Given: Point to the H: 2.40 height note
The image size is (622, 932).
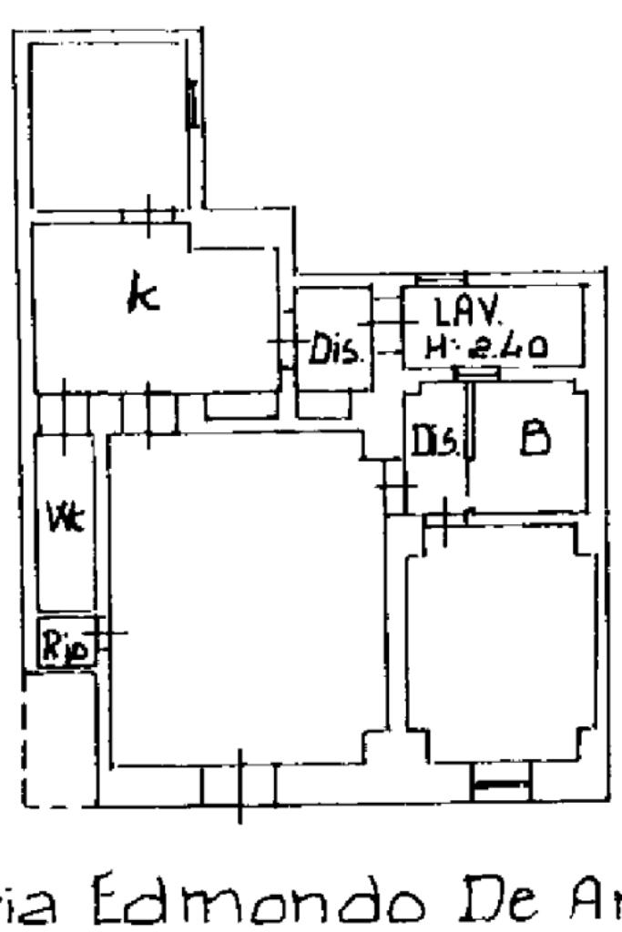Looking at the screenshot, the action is [485, 347].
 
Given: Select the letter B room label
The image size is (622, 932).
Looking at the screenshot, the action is [534, 439].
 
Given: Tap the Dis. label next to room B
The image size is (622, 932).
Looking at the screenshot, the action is [435, 442].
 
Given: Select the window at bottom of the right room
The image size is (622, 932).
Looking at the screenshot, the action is [500, 783].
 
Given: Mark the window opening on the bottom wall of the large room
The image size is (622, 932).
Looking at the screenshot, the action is [240, 785].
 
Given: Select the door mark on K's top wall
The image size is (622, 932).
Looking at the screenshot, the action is [148, 215].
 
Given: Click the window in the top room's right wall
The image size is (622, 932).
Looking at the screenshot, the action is [193, 102].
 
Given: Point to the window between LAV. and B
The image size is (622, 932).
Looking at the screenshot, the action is [476, 373].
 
